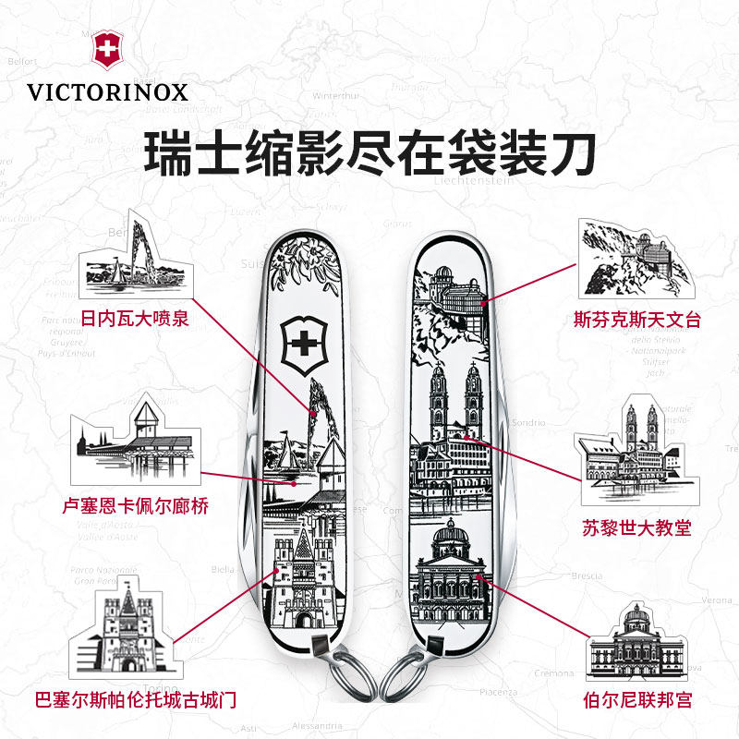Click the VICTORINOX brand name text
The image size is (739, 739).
coord(107,92)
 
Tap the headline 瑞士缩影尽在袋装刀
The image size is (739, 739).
coord(369,153)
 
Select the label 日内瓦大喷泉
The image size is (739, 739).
coord(135,320)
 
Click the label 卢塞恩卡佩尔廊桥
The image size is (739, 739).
coord(136,505)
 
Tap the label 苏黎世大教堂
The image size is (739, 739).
coord(637,527)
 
